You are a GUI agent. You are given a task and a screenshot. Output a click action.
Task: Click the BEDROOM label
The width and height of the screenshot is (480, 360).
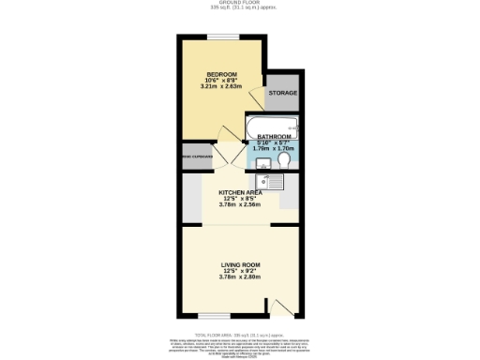pyautogui.click(x=221, y=74)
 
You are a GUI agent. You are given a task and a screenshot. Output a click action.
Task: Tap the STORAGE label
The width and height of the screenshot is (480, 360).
pyautogui.click(x=282, y=93)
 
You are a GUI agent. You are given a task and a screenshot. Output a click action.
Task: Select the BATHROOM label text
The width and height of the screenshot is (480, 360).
pyautogui.click(x=275, y=137)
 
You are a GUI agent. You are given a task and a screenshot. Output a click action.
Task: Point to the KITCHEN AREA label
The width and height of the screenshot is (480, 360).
pyautogui.click(x=239, y=191)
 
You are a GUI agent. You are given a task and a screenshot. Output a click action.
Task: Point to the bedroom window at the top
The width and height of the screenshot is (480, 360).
pyautogui.click(x=222, y=36)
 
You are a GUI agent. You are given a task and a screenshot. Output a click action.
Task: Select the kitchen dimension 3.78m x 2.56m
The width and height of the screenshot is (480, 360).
pyautogui.click(x=239, y=204)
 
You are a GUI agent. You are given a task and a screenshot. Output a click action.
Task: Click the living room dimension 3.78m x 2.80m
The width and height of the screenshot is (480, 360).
pyautogui.click(x=240, y=277)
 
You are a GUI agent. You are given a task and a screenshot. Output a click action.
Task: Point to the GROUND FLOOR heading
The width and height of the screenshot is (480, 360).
pyautogui.click(x=239, y=4)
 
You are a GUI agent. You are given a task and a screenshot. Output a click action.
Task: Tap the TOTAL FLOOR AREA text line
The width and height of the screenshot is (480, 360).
pyautogui.click(x=240, y=334)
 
